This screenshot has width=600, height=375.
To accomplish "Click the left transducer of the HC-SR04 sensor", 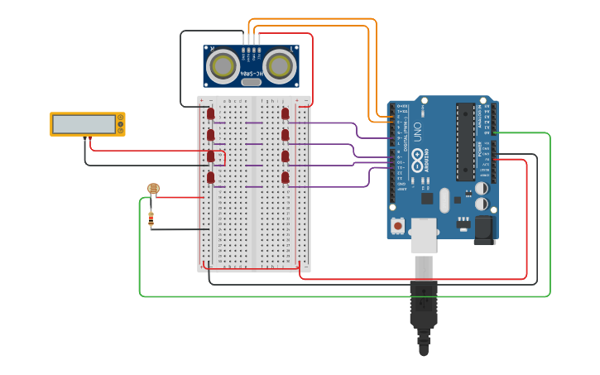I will [224, 65].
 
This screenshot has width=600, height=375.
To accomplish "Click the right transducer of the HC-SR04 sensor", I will [280, 65].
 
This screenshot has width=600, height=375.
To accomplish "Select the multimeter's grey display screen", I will [84, 124].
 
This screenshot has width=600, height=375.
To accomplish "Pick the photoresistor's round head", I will [152, 189].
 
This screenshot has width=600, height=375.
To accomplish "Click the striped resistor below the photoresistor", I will [151, 219].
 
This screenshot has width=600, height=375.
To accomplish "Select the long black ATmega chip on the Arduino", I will [465, 141].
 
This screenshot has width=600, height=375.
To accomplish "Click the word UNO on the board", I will [419, 132].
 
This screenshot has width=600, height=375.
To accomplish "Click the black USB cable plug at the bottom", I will [423, 306].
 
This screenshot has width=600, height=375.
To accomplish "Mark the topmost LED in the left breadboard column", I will [211, 113].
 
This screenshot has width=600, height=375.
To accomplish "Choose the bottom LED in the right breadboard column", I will [286, 177].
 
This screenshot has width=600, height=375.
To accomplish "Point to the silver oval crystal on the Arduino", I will [444, 200].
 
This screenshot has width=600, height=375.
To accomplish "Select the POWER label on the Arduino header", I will [481, 149].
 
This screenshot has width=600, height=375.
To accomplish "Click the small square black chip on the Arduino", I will [427, 198].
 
